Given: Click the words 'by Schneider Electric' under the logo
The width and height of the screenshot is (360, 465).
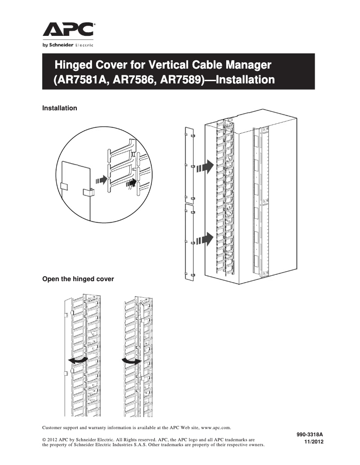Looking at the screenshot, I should pyautogui.click(x=68, y=45).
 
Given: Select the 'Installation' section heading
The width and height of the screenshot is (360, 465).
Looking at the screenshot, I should pyautogui.click(x=59, y=108).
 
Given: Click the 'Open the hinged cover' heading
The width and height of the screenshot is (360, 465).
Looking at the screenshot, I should pyautogui.click(x=78, y=279).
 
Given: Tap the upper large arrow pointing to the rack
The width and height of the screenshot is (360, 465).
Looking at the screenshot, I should pyautogui.click(x=205, y=166).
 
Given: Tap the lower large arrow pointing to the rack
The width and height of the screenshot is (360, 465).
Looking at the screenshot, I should pyautogui.click(x=205, y=239).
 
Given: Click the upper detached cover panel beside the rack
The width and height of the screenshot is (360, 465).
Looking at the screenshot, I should pyautogui.click(x=189, y=166).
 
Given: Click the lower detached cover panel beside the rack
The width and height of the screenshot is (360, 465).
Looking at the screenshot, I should pyautogui.click(x=189, y=242).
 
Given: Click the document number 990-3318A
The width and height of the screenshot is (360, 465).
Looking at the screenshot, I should pyautogui.click(x=310, y=435).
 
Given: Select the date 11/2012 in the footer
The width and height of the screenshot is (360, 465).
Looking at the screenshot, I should pyautogui.click(x=314, y=442).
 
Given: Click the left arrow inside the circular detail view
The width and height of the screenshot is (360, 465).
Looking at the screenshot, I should pyautogui.click(x=102, y=180).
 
